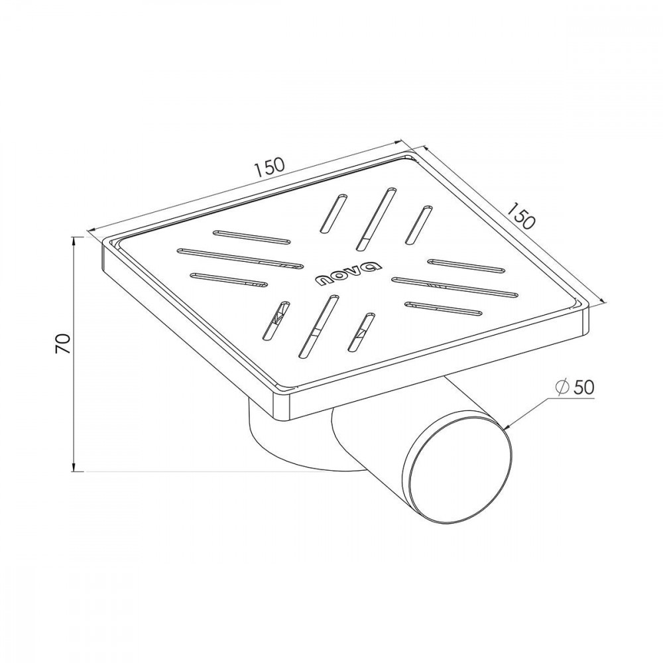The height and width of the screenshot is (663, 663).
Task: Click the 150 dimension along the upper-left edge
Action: [x=269, y=166]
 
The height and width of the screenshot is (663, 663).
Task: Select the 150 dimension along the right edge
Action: [x=521, y=215]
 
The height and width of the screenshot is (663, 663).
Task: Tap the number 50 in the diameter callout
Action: [x=583, y=387]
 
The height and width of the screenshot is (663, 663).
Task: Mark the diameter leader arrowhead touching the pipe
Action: [x=507, y=426]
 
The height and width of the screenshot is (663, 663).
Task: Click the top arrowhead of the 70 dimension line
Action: [x=75, y=241]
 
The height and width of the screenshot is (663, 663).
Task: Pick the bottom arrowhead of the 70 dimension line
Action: [x=75, y=466]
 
